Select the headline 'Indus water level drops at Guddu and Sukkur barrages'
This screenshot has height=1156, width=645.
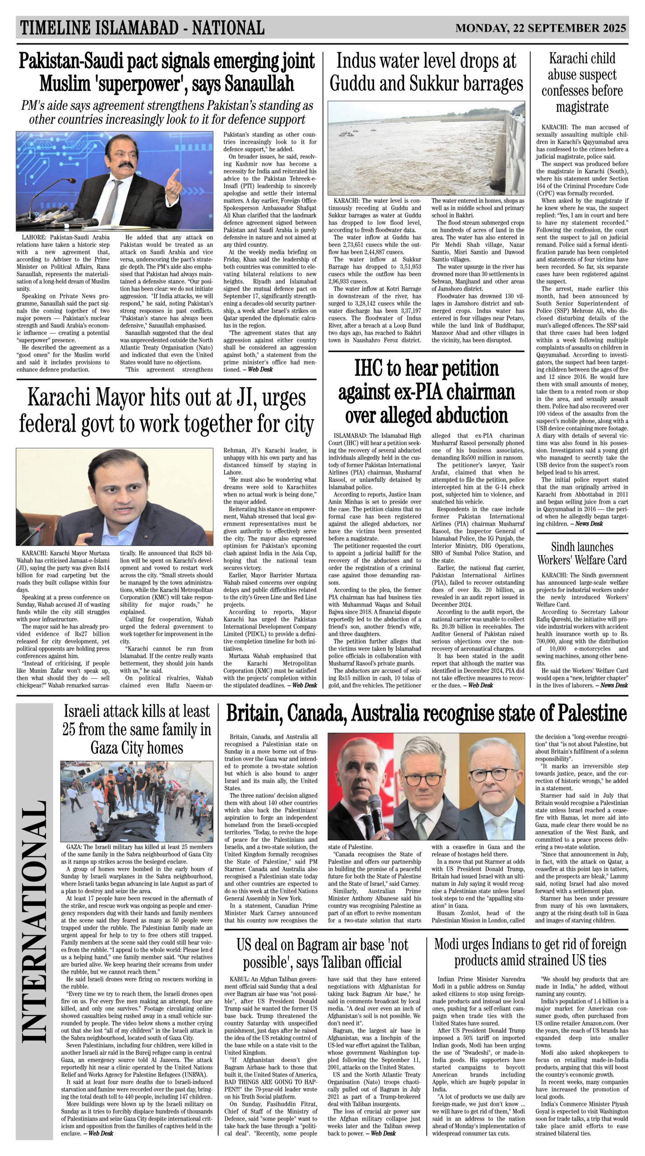click(x=426, y=72)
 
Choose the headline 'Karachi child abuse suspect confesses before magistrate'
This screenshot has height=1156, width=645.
click(x=582, y=83)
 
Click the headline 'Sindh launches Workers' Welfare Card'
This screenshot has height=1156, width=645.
click(x=582, y=553)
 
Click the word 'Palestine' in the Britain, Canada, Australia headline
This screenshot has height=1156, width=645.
click(x=592, y=713)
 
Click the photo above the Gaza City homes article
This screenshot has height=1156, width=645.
click(x=137, y=801)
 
